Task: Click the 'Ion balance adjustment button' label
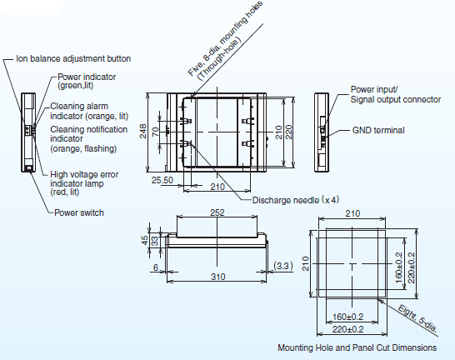pos(74,58)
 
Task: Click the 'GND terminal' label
pos(377,130)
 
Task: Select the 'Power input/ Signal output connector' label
pos(395,93)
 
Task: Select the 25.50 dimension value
pos(162,179)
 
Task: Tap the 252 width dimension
pos(217,213)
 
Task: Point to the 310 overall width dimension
pos(217,276)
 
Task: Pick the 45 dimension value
pos(143,241)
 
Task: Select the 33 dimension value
pos(153,242)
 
